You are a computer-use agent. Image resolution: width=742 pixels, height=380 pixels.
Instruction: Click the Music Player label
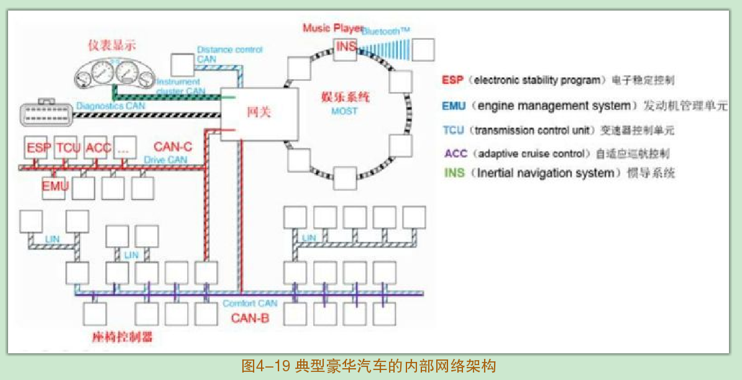coord(329,28)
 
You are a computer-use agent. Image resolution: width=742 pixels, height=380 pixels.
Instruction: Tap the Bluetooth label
coord(386,31)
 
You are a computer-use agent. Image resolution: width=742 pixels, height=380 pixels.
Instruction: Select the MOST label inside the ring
coord(344,111)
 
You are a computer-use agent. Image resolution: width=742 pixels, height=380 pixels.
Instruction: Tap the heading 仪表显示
coord(112,45)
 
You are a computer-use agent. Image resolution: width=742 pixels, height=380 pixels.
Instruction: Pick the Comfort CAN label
coord(250,304)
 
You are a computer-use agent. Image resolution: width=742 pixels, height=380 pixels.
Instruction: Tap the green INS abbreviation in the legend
coord(454,173)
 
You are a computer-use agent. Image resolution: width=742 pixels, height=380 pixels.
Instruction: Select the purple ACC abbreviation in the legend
coord(456,153)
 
